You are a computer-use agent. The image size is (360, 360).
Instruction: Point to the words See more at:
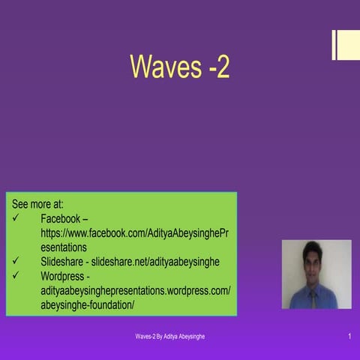(x=37, y=203)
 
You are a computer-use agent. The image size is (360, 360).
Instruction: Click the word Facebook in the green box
(x=60, y=218)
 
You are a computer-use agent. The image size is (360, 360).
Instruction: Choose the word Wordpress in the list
(x=65, y=276)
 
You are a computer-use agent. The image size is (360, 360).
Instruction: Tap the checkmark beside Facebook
(x=17, y=218)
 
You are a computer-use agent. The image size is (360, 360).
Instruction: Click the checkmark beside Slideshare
(x=17, y=262)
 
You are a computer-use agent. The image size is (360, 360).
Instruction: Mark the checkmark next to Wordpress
(x=17, y=276)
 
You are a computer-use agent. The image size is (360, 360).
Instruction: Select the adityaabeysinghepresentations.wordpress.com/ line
(x=135, y=290)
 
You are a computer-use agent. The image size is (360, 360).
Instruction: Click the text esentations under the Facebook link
(x=64, y=247)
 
